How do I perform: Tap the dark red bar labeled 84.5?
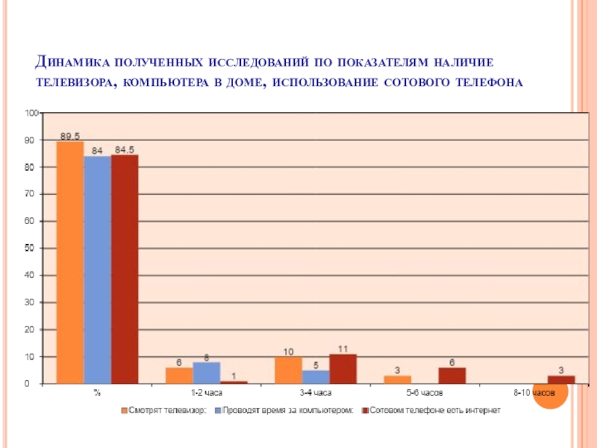(x=125, y=270)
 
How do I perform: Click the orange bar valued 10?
(x=289, y=370)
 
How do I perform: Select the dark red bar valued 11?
(x=343, y=369)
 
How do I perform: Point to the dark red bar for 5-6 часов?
(x=452, y=376)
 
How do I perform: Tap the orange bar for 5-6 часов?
(x=398, y=379)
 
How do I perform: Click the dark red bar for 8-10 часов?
(x=561, y=379)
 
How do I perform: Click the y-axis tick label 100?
(x=31, y=113)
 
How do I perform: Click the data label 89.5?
(x=70, y=136)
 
